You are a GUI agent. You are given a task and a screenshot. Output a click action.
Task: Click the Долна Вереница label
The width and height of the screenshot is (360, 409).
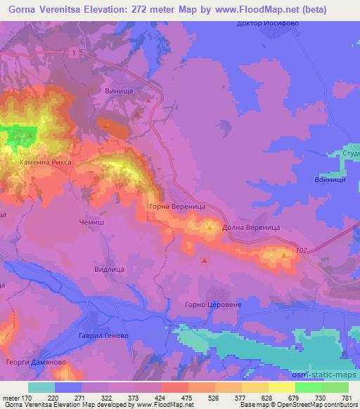[252, 228]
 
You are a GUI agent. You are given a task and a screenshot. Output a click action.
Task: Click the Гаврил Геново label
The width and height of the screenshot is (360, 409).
[103, 337]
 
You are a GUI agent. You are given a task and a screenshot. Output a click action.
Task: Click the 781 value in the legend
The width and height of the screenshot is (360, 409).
[346, 398]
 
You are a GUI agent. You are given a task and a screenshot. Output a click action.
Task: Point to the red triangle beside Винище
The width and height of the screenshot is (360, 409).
[148, 100]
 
